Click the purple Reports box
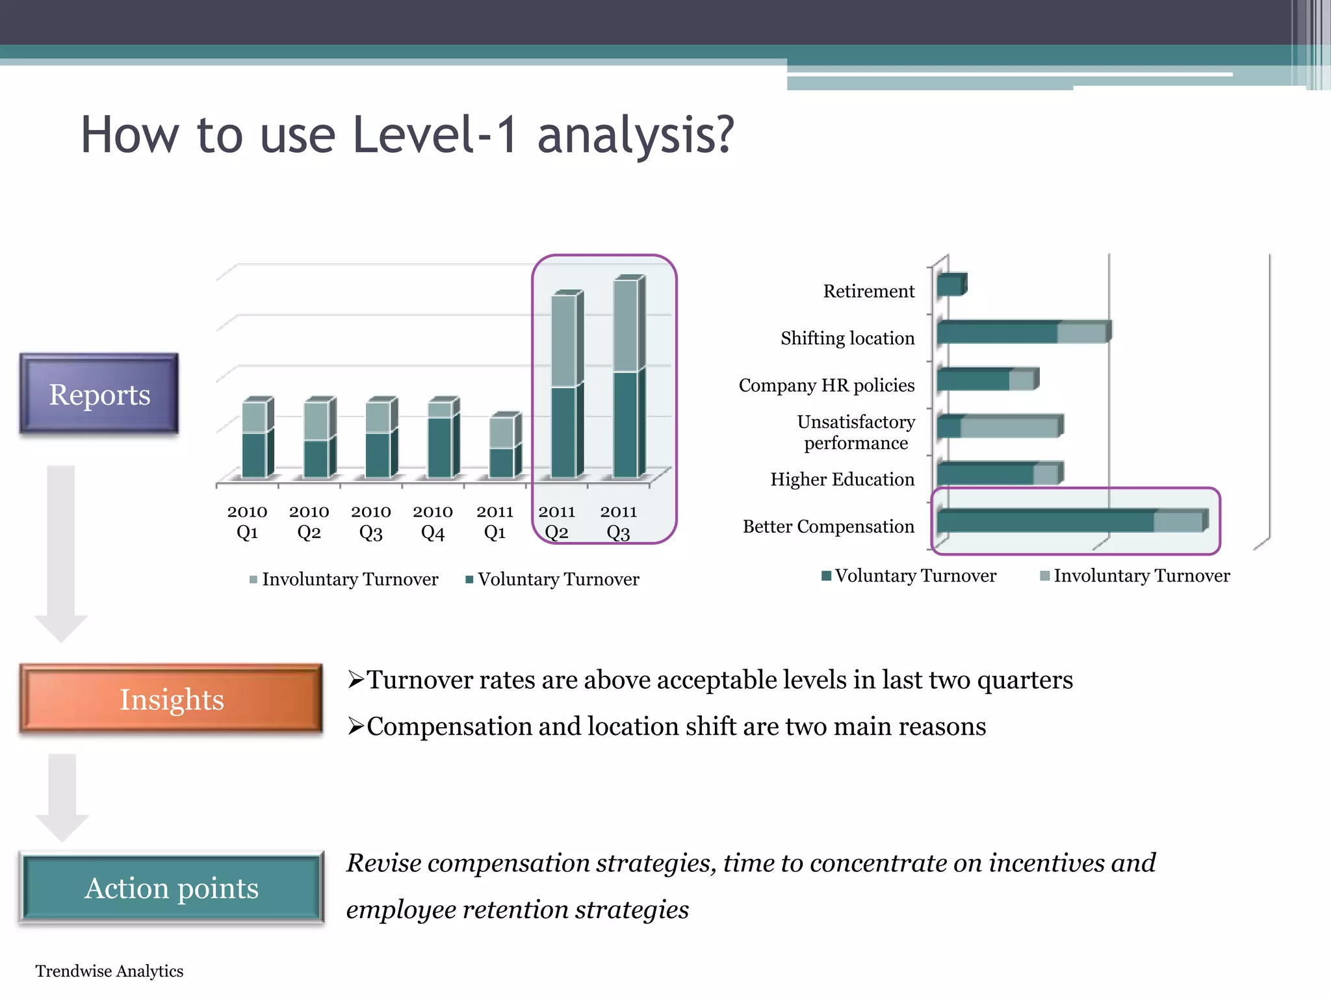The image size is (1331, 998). [99, 394]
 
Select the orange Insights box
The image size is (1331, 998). [172, 700]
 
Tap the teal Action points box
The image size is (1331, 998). [172, 888]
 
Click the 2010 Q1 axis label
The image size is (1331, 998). [247, 522]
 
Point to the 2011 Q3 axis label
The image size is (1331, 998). [618, 522]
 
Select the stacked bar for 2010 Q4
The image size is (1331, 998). [442, 439]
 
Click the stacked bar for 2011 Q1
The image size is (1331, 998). [504, 447]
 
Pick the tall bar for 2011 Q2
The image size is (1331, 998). [565, 386]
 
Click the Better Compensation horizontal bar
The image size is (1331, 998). [1071, 521]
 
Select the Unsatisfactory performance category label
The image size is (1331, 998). [856, 432]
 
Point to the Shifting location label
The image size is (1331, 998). [847, 338]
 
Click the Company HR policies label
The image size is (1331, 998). [826, 385]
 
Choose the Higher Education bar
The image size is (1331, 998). [999, 473]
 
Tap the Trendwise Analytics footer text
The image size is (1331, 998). [109, 971]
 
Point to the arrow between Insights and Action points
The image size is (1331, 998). [62, 797]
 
